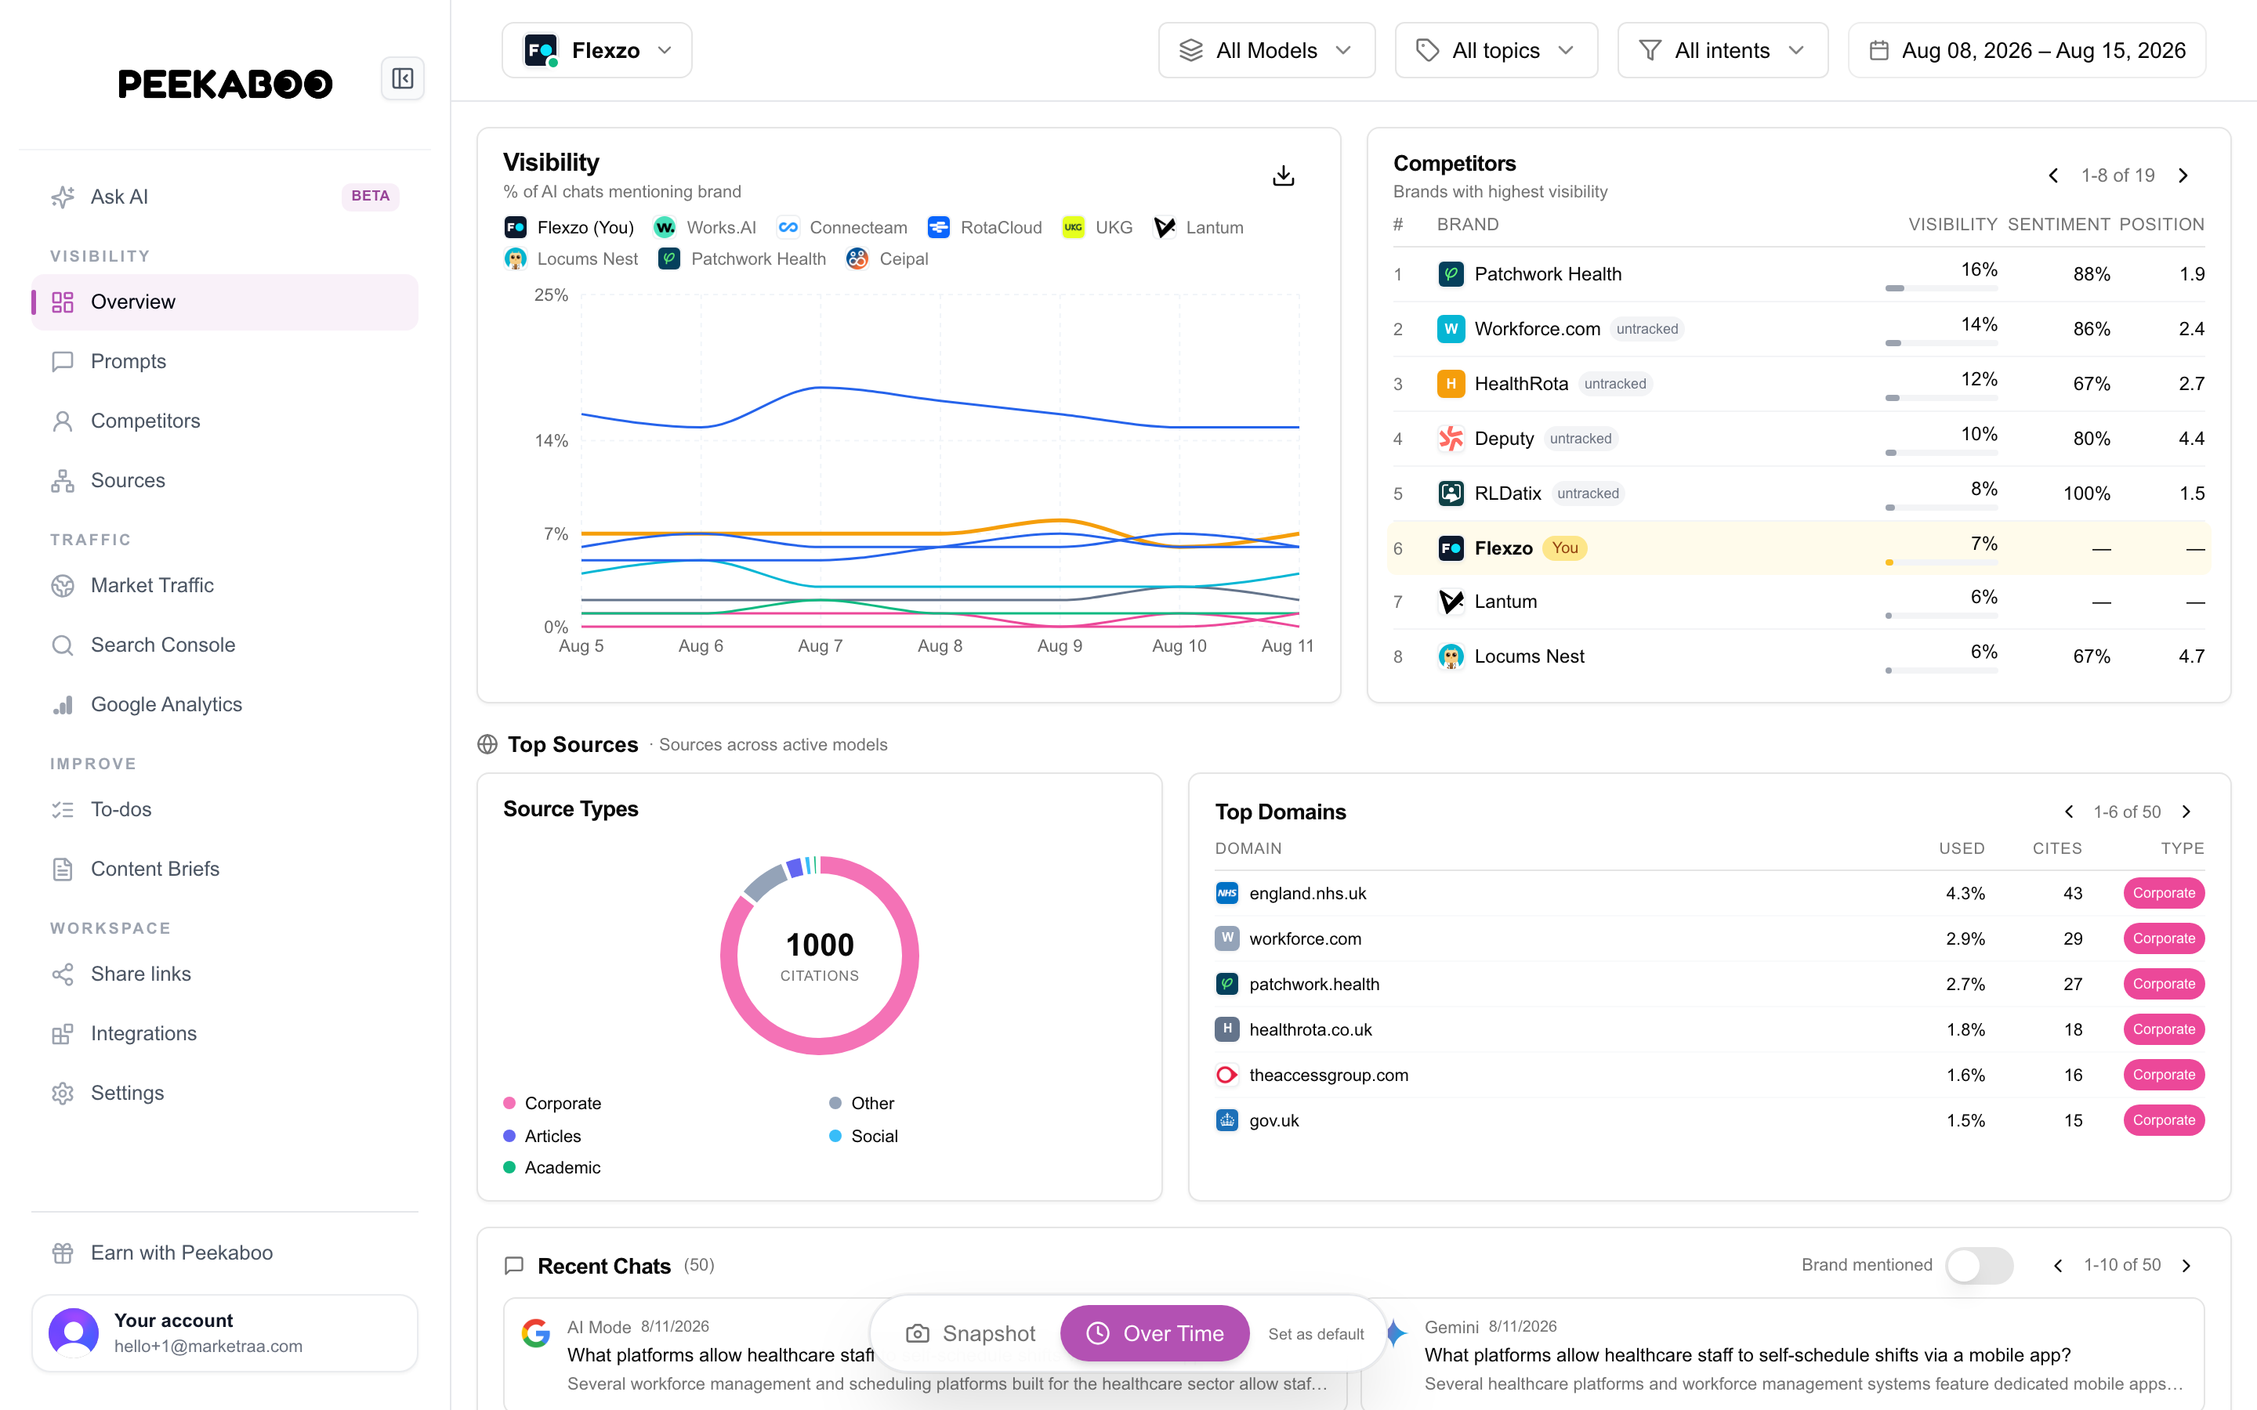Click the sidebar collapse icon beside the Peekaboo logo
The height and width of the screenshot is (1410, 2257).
[x=403, y=78]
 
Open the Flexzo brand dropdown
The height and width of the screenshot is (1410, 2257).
[x=597, y=50]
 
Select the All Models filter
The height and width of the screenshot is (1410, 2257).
[x=1266, y=50]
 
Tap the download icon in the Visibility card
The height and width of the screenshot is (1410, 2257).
[x=1284, y=175]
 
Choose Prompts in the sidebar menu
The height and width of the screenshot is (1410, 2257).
[x=128, y=361]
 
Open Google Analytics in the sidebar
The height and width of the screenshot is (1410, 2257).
[x=166, y=704]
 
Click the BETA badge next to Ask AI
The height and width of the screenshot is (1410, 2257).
[x=370, y=196]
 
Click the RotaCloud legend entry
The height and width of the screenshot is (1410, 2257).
[x=985, y=227]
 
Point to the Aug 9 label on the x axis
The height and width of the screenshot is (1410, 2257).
[x=1060, y=645]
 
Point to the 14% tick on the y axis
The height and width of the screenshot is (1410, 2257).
[x=551, y=440]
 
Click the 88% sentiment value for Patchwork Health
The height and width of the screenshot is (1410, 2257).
[x=2091, y=274]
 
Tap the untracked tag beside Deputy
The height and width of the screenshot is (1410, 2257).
[x=1580, y=439]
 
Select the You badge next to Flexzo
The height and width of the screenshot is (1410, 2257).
[x=1565, y=548]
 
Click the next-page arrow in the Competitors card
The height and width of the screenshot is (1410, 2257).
[x=2183, y=175]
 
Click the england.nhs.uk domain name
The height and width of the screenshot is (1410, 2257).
[x=1307, y=893]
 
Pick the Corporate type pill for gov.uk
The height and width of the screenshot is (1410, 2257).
[x=2164, y=1120]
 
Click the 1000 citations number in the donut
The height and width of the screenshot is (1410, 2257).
[x=820, y=945]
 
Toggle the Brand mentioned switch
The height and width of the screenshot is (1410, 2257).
[x=1979, y=1264]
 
